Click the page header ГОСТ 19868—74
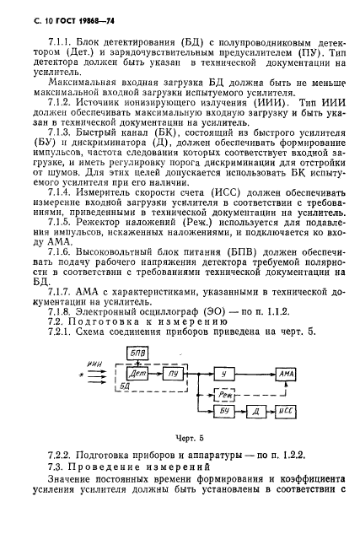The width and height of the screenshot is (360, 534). point(64,18)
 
